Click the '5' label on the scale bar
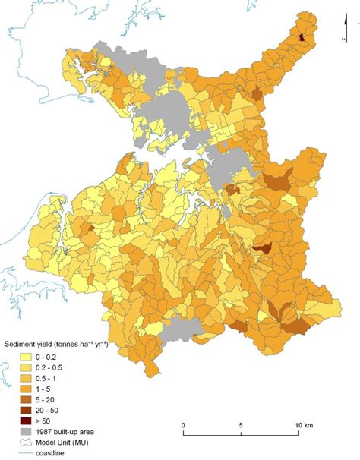(x=241, y=424)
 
